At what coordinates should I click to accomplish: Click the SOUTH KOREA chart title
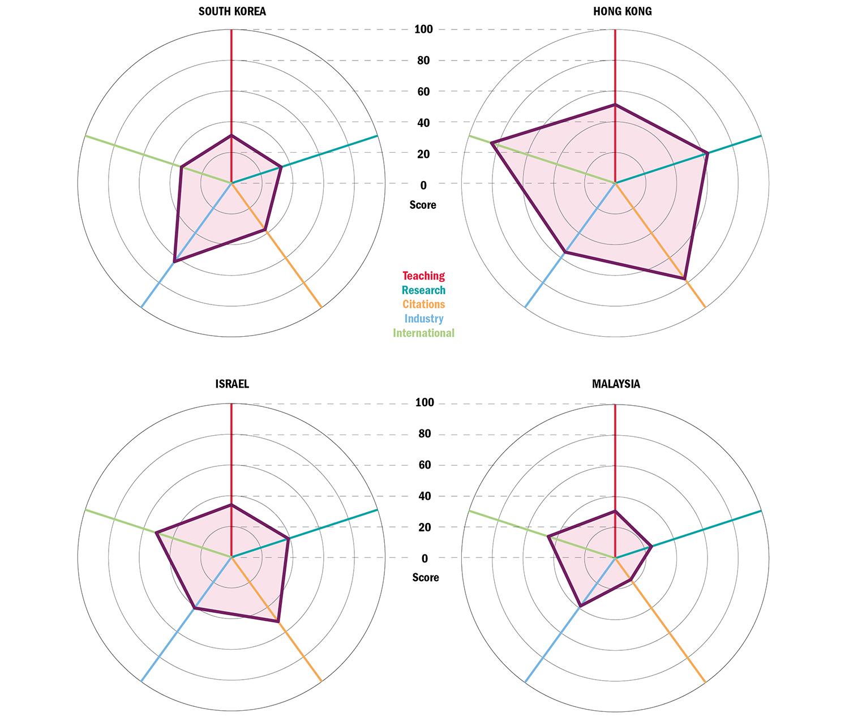point(232,11)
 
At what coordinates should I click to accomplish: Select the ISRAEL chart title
point(232,384)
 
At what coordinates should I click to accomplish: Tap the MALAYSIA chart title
point(616,384)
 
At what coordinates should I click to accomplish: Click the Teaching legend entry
point(423,276)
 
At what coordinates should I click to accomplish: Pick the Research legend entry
point(423,290)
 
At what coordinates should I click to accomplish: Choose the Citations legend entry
point(423,304)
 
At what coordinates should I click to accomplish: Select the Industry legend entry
point(423,319)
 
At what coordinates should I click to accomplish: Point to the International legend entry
point(423,333)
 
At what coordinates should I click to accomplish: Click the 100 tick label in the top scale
point(423,29)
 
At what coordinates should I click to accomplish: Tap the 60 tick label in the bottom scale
point(424,465)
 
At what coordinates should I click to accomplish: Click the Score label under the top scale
point(423,205)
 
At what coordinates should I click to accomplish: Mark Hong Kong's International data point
point(491,143)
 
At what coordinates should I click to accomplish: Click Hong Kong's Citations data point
point(685,279)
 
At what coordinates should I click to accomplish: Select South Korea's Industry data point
point(175,261)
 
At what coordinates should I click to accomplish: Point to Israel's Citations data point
point(278,621)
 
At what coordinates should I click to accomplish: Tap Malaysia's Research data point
point(651,546)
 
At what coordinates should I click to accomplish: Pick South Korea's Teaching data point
point(231,136)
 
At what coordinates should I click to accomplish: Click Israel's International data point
point(156,533)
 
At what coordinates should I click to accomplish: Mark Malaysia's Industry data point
point(580,606)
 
